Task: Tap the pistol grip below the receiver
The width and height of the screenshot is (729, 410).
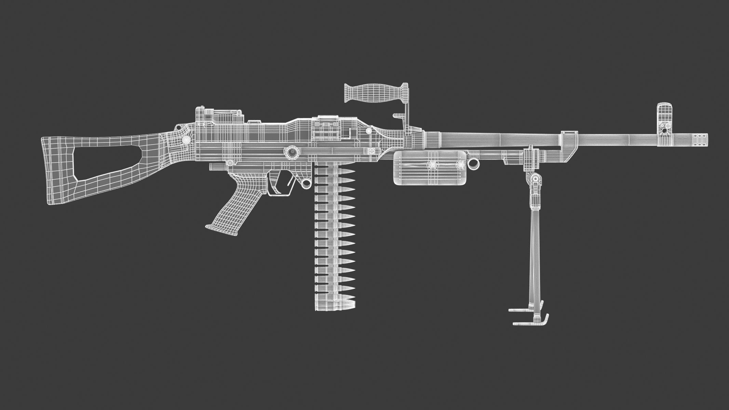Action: [236, 202]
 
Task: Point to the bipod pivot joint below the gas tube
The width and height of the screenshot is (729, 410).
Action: [534, 179]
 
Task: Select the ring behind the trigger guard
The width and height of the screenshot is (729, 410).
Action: [306, 184]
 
